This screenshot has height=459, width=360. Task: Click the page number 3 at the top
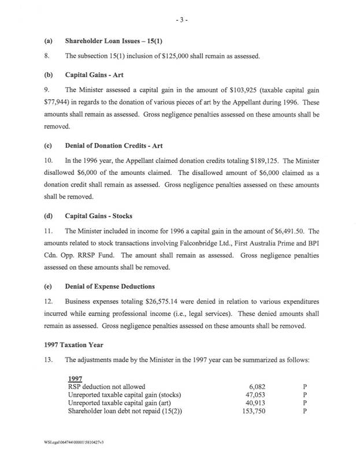pyautogui.click(x=179, y=20)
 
